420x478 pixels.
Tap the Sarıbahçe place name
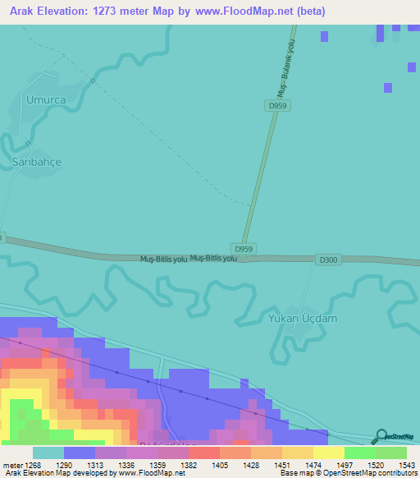[x=36, y=162]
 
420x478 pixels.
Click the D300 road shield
[x=328, y=260]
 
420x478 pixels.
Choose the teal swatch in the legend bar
[x=48, y=453]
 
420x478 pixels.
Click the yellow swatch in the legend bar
[x=328, y=453]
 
